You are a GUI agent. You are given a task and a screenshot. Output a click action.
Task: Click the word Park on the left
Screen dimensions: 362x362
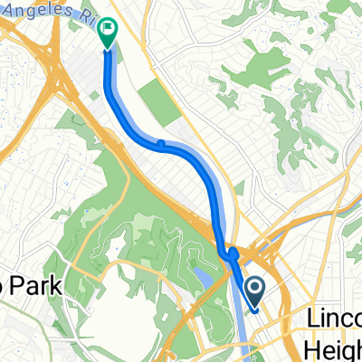39,288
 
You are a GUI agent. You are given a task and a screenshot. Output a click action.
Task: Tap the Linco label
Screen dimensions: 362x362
333,319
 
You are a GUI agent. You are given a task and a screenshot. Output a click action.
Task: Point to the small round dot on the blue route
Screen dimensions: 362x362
159,142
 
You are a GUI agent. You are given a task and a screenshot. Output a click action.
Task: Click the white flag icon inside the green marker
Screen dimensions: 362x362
108,29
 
